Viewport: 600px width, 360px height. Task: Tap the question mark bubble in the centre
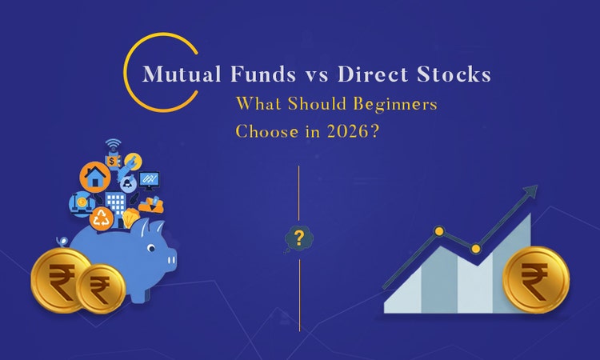[x=298, y=238]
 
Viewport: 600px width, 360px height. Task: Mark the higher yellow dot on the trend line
[x=438, y=231]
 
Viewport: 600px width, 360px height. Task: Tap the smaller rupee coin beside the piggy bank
[x=101, y=289]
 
